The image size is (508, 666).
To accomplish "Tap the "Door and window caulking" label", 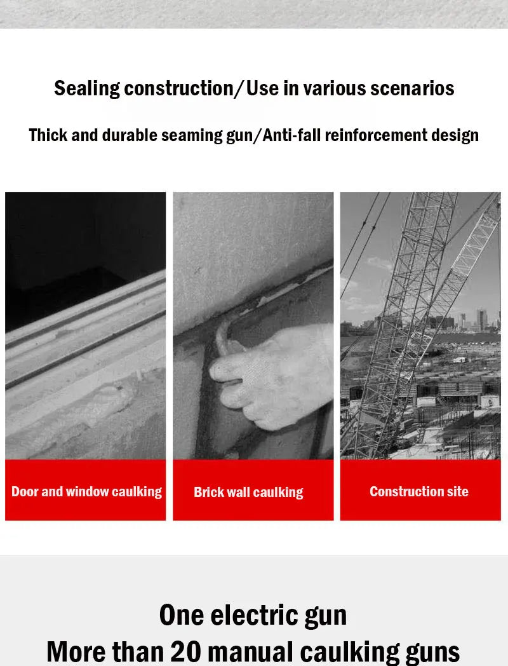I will (86, 491).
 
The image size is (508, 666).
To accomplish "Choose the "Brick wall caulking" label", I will (248, 492).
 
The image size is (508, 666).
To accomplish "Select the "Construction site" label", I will (419, 491).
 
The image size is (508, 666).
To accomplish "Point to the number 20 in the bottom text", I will (186, 652).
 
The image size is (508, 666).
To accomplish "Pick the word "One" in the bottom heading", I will (182, 615).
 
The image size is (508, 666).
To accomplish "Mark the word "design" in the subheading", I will (455, 135).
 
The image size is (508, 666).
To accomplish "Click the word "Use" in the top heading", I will (263, 88).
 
